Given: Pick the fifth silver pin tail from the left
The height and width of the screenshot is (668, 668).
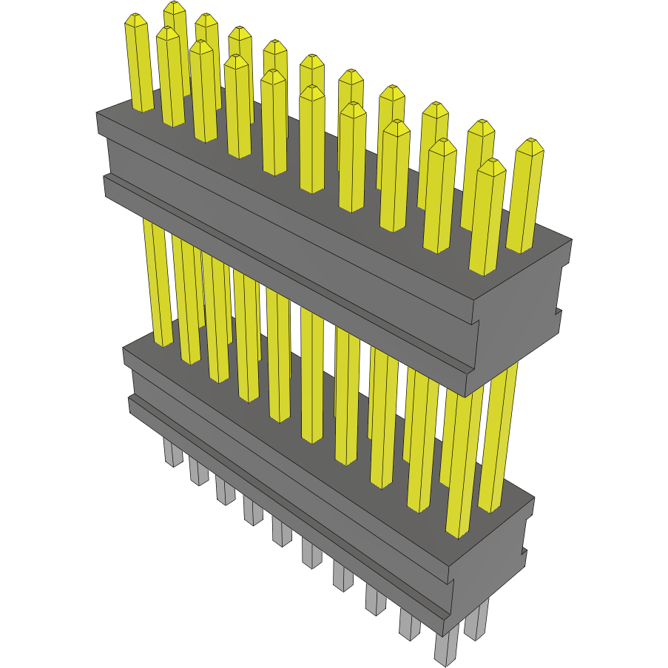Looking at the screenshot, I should pos(281,533).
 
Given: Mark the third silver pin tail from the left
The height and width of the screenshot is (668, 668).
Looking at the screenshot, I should pos(226,492).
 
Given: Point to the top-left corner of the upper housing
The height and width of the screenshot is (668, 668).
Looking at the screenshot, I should pos(98,113).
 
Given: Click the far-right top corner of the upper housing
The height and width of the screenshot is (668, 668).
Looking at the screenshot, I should pos(570,240).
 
